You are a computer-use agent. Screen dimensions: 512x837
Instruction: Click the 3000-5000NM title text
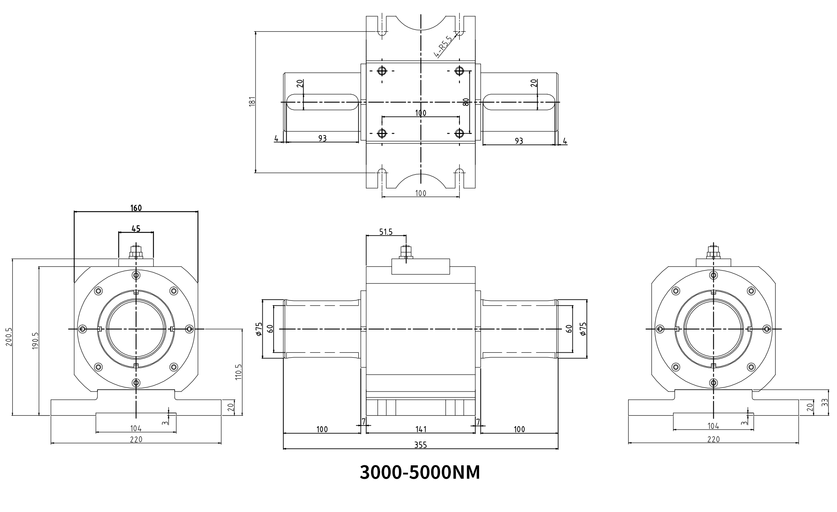(420, 473)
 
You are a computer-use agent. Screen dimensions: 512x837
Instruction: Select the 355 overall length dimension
(420, 445)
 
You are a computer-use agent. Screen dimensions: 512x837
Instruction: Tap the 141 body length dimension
(420, 429)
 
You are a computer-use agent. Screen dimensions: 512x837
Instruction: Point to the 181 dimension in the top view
(253, 102)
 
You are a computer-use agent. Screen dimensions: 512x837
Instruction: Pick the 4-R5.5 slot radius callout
(443, 47)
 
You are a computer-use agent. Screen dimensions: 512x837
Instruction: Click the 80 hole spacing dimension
(466, 102)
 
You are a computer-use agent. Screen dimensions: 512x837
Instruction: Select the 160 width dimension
(136, 208)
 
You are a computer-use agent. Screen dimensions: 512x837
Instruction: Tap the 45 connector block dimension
(136, 228)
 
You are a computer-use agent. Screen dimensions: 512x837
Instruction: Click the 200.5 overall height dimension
(9, 337)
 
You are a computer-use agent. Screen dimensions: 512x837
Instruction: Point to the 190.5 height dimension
(35, 341)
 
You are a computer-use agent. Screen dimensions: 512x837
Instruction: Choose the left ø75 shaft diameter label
(259, 329)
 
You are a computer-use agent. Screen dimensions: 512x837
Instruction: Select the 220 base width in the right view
(713, 439)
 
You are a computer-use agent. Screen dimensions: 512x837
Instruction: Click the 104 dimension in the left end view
(135, 428)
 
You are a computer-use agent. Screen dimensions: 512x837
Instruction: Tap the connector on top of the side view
(406, 253)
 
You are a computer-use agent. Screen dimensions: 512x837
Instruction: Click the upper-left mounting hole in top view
(382, 71)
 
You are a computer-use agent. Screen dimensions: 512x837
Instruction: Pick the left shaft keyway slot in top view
(323, 102)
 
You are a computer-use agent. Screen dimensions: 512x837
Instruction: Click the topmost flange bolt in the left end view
(136, 275)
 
